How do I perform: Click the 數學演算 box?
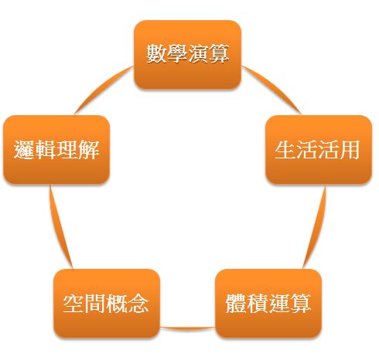click(x=188, y=55)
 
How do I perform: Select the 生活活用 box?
click(x=319, y=150)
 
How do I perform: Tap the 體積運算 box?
click(x=268, y=304)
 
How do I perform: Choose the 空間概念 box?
click(x=107, y=304)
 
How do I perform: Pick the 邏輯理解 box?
click(x=56, y=150)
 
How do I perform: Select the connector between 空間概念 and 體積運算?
click(x=188, y=328)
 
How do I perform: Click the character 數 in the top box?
click(x=156, y=53)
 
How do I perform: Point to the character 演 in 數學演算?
click(x=198, y=53)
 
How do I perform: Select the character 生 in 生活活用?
click(x=285, y=149)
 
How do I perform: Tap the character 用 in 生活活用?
click(x=350, y=149)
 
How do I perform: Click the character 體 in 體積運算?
click(x=236, y=303)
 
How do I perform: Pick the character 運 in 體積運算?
click(x=278, y=303)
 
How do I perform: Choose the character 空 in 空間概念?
click(x=73, y=303)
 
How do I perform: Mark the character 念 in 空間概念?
click(x=138, y=303)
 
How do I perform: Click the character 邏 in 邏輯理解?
click(x=24, y=149)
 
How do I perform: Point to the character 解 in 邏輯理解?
click(x=89, y=149)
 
